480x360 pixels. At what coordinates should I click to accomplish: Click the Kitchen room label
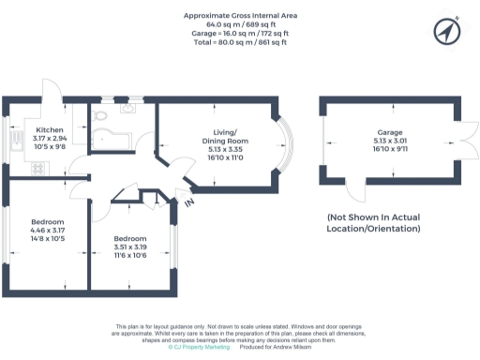tap(49, 130)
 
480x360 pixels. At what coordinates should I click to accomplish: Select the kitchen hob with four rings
tap(39, 169)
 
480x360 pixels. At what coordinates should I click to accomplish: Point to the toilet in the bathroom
tap(103, 116)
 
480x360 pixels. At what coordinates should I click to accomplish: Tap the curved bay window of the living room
tap(283, 147)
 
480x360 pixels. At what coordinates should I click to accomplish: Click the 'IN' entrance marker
tap(188, 202)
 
